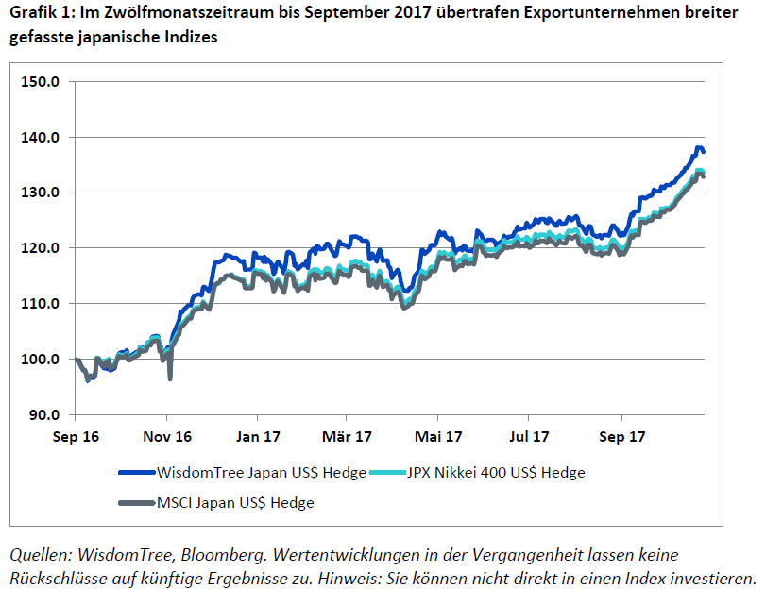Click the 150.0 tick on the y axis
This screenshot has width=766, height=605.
(x=41, y=81)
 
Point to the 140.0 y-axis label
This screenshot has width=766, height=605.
(x=41, y=137)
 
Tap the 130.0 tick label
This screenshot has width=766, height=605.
(x=41, y=193)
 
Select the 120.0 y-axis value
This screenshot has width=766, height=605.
(x=41, y=248)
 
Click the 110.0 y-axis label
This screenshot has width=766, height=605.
(x=41, y=304)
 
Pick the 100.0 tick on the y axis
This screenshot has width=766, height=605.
(x=41, y=360)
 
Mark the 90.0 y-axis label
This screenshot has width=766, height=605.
(x=44, y=415)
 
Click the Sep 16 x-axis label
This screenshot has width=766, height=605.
(x=77, y=437)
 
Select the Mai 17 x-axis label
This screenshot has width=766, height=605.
(x=438, y=437)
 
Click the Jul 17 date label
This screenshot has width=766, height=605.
(x=528, y=437)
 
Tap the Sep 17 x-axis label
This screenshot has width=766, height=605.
(x=621, y=437)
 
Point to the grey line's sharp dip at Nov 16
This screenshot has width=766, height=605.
(x=170, y=378)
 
